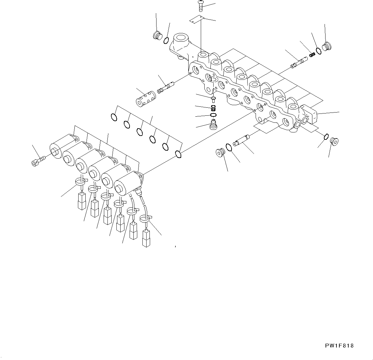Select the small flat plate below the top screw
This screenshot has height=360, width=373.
(196, 20)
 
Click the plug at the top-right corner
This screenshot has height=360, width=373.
(327, 47)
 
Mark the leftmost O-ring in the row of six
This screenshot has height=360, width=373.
(114, 118)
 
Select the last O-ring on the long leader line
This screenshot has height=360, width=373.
(178, 155)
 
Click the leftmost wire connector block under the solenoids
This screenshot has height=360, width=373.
(82, 201)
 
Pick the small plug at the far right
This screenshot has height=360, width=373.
(334, 141)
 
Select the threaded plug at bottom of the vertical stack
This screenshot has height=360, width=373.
(212, 125)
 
